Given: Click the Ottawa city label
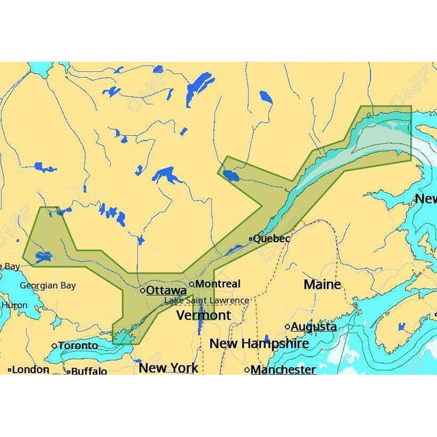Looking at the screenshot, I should pos(167,290).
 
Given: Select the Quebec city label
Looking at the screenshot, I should pos(271,238).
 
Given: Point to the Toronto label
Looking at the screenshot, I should pos(78,346).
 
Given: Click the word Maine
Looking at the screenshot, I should pos(322,283).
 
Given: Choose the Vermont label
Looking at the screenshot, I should pos(203,315).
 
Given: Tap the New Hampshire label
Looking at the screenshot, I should pos(259,343).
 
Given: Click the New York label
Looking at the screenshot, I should pos(168,367).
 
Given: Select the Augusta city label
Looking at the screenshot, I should pos(313,327).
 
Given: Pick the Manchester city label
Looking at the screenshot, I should pos(283,369).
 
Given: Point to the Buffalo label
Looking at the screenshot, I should pos(89,371).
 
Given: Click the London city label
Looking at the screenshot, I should pos(31,369).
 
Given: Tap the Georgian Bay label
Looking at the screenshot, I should pos(48,285).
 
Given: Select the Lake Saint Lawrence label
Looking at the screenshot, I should pos(206,300).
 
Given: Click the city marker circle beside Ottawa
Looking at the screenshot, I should pos(143,290).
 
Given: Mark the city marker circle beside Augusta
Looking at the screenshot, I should pos(287,327).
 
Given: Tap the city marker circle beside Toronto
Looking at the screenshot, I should pos(55,346).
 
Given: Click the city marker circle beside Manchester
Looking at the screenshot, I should pos(247,370).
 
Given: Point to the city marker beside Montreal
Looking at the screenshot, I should pos(193,284).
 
